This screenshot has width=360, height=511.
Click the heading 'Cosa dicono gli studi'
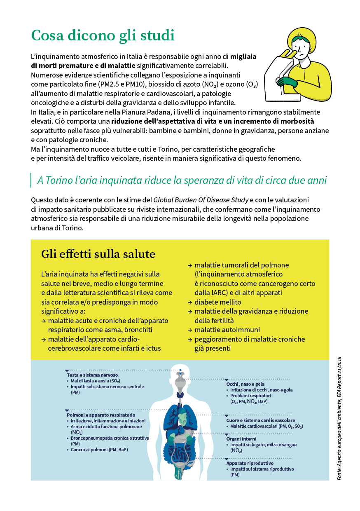pyautogui.click(x=103, y=35)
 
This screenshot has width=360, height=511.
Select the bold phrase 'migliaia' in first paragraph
pyautogui.click(x=243, y=56)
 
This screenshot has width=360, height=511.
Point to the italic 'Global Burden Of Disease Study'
pyautogui.click(x=201, y=200)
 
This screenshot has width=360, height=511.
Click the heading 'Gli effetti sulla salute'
pyautogui.click(x=98, y=254)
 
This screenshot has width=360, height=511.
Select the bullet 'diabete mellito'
pyautogui.click(x=217, y=302)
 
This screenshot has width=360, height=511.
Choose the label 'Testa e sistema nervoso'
pyautogui.click(x=92, y=375)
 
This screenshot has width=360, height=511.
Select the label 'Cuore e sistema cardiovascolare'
pyautogui.click(x=260, y=420)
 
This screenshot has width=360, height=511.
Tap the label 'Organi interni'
pyautogui.click(x=241, y=439)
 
